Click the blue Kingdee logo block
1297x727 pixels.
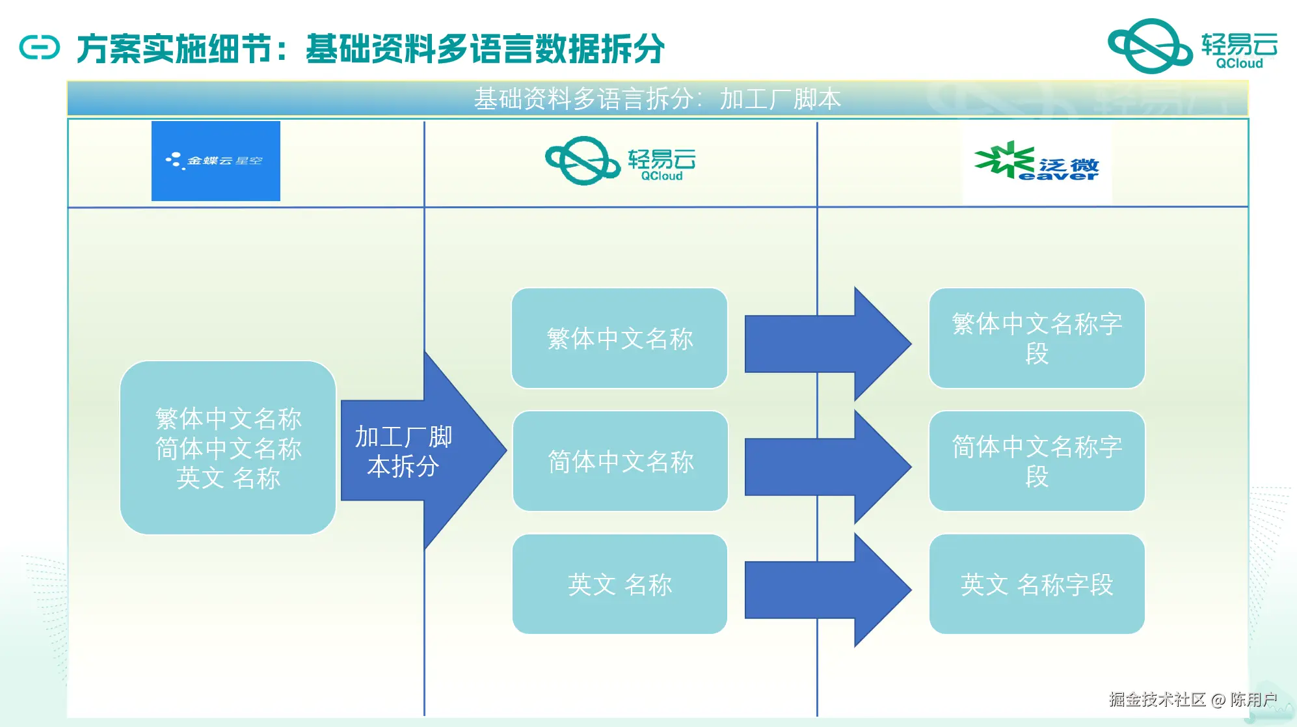[215, 161]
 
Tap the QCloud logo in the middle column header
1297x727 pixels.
[620, 161]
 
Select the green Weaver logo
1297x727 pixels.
[1036, 161]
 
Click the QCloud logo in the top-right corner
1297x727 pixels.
[1192, 46]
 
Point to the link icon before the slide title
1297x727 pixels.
[39, 48]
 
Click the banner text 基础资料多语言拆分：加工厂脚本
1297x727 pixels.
[657, 99]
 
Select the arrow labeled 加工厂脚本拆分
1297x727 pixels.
[416, 450]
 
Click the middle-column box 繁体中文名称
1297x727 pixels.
[619, 338]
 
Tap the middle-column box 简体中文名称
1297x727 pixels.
[620, 461]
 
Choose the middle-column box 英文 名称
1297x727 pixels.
[619, 584]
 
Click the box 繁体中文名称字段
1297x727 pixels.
[1036, 338]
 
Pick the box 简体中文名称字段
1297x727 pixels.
[1036, 461]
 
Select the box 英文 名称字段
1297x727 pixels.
[1036, 584]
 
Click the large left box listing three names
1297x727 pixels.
[228, 448]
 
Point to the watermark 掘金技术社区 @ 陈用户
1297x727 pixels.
[1192, 699]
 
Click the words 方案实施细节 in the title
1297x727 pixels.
[174, 49]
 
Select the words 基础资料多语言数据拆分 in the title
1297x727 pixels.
[485, 49]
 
